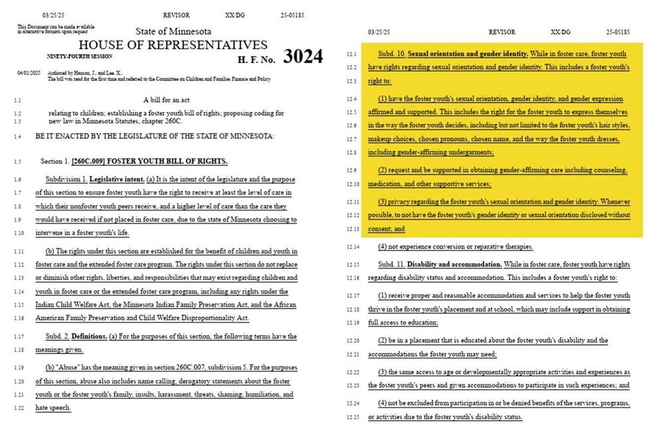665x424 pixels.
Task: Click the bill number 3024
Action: [x=303, y=57]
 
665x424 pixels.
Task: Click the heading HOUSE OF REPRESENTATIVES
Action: [x=173, y=45]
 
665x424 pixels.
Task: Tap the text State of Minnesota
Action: [x=173, y=32]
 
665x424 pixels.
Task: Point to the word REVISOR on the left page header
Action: [x=176, y=13]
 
